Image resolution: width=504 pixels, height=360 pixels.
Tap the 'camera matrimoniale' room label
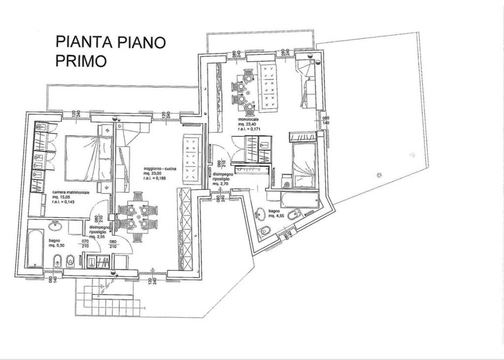tap(70, 193)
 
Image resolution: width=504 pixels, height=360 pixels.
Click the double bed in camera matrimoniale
tap(89, 158)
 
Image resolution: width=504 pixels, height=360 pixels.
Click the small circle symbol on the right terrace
tap(378, 174)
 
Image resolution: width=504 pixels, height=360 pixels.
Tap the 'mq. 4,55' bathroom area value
tap(276, 215)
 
